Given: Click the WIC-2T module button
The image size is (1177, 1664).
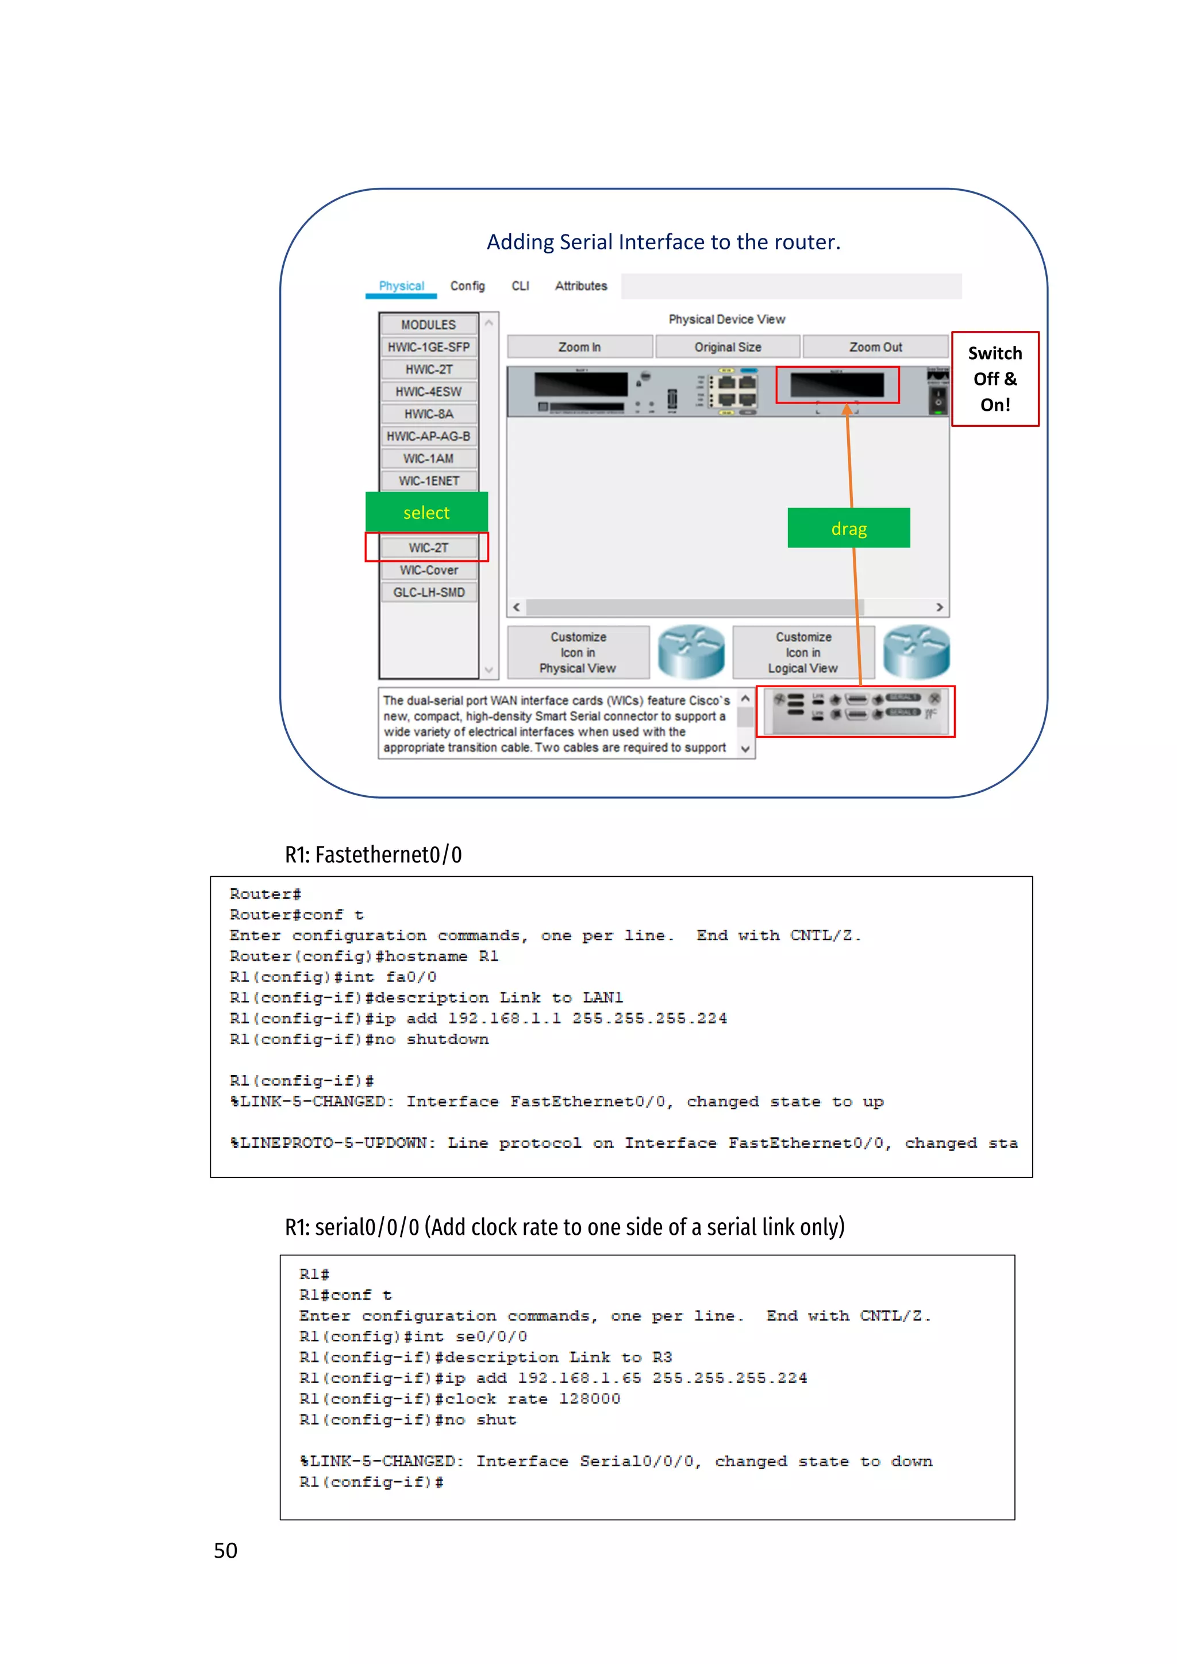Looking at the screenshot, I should click(428, 548).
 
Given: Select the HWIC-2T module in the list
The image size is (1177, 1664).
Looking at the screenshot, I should click(428, 369).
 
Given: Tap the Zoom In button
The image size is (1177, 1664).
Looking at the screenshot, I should click(579, 347).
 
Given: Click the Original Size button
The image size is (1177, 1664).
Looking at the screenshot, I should click(728, 347).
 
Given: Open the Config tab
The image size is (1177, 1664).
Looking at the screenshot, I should click(467, 286).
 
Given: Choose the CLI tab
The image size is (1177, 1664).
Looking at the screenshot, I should click(520, 286).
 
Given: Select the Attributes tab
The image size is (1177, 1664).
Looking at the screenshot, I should click(581, 286).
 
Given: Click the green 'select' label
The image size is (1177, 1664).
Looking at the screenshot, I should click(426, 513).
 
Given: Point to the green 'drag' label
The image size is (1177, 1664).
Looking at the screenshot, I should click(849, 529).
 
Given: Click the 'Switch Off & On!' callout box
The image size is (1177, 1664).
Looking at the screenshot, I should click(995, 379).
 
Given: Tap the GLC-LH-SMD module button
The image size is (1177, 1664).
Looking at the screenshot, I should click(428, 593).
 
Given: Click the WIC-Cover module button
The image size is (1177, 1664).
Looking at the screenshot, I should click(428, 571).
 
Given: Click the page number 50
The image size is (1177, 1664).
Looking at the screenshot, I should click(225, 1550).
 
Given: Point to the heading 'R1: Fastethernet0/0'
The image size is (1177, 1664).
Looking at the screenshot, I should click(373, 855).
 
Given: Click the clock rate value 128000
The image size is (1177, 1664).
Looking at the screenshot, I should click(589, 1399).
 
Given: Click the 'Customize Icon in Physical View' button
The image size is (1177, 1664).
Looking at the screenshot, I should click(578, 652).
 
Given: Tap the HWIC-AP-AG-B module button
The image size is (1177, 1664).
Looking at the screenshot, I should click(428, 436).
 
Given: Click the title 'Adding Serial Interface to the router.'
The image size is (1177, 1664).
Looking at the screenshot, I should click(663, 242).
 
